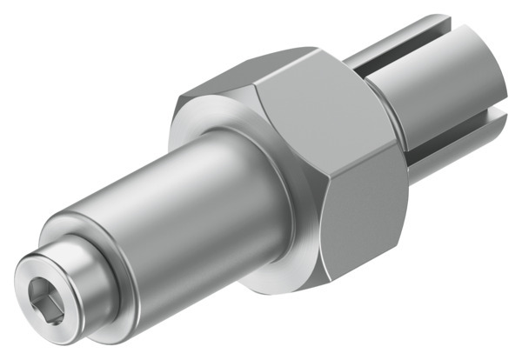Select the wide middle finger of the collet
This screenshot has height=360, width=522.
click(452, 104)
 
